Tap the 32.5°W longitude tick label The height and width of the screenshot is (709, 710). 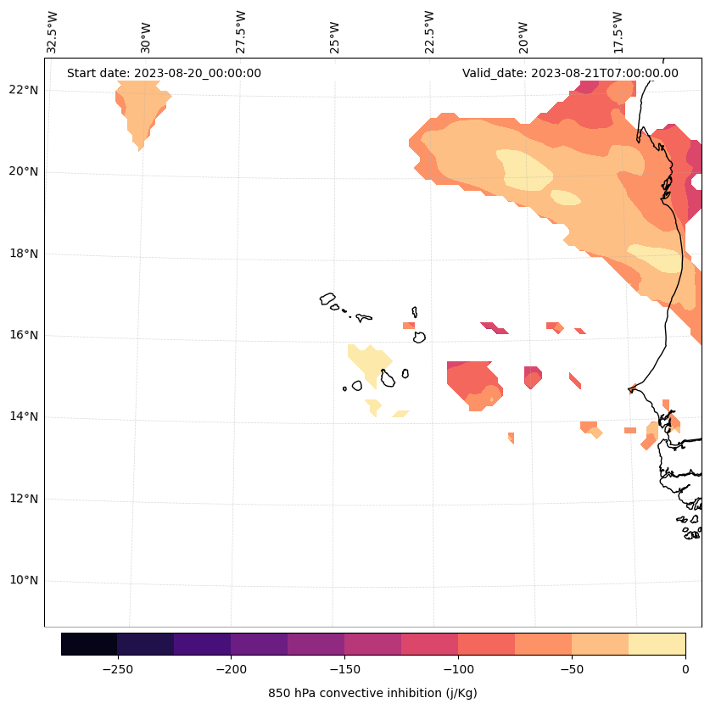tap(53, 31)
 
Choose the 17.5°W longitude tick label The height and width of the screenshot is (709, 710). tap(617, 31)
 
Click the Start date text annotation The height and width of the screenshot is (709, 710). tap(164, 73)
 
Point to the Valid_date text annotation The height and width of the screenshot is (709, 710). tap(570, 73)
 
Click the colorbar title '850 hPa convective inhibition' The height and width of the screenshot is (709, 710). tap(372, 693)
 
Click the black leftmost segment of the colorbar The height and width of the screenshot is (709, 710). tap(89, 644)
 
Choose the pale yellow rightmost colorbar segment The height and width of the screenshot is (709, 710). tap(657, 644)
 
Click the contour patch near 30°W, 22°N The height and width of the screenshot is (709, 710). tap(142, 114)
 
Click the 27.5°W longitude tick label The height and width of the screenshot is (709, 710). tap(241, 31)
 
